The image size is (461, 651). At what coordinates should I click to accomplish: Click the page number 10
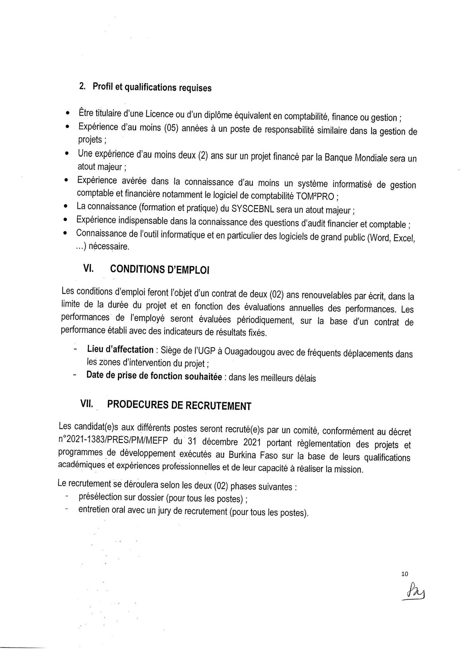[405, 574]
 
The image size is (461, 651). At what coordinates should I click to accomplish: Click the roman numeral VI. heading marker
[88, 269]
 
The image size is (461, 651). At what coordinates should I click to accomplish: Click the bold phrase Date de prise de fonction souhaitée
[154, 376]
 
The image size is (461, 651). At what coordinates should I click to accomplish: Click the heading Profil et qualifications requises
[152, 87]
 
